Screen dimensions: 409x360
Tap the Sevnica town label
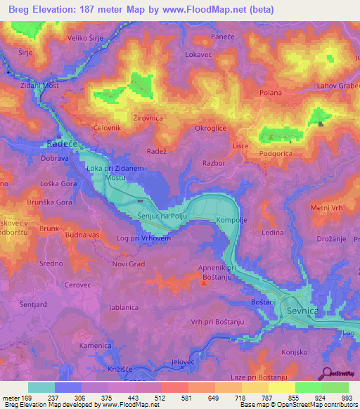point(303,310)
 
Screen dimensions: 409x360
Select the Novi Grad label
point(128,264)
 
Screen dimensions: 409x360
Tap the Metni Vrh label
point(326,208)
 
